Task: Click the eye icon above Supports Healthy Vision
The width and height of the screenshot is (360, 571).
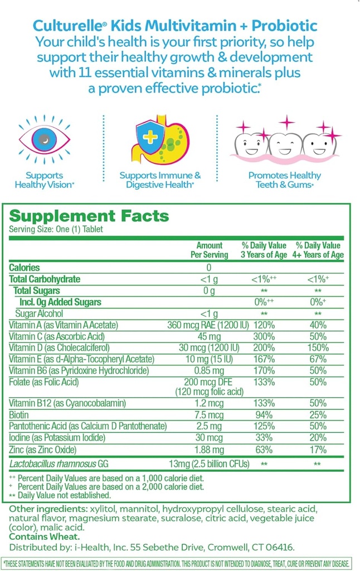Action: (45, 138)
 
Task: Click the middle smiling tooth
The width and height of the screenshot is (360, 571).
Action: (285, 144)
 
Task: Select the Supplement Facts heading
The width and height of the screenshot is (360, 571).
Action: (89, 217)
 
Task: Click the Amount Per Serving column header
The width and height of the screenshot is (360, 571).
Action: (209, 250)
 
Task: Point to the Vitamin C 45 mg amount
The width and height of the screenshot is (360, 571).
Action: (209, 336)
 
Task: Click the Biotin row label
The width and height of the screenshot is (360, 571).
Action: (20, 414)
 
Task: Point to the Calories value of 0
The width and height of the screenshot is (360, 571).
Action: (209, 268)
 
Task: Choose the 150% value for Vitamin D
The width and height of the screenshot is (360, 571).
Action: (318, 347)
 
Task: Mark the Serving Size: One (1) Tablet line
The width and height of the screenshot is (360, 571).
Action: (56, 229)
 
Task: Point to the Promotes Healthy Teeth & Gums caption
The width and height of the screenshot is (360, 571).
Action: (285, 180)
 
